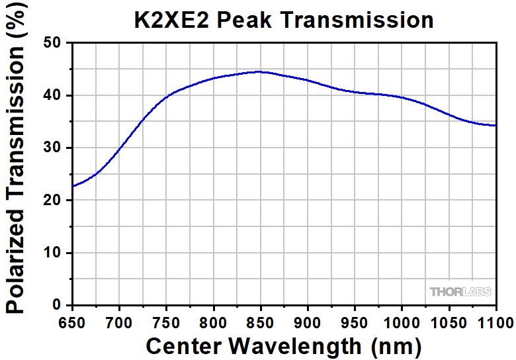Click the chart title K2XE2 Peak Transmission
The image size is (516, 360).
click(282, 19)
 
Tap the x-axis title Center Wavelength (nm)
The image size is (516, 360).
click(283, 345)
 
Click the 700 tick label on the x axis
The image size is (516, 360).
click(119, 323)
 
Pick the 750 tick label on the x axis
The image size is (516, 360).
click(166, 323)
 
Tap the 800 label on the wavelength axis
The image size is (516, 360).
click(214, 323)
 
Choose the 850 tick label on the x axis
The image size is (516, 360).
click(261, 323)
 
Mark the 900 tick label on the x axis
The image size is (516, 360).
click(308, 323)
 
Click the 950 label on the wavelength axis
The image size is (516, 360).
click(355, 323)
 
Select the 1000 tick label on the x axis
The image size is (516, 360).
click(402, 323)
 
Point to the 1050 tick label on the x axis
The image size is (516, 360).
click(449, 323)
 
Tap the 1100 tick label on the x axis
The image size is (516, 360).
click(495, 323)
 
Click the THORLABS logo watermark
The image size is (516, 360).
click(460, 292)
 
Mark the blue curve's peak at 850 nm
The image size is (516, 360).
click(260, 71)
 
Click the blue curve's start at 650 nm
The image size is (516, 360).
click(72, 186)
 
